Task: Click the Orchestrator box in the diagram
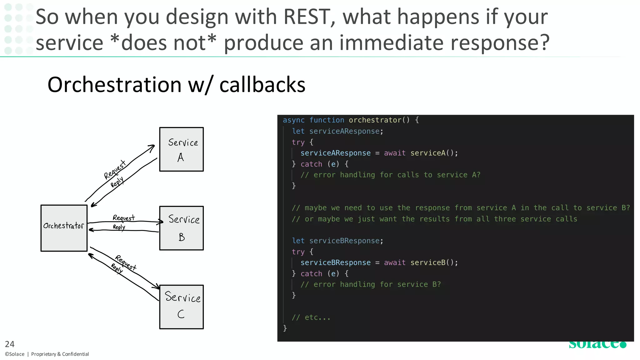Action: tap(64, 228)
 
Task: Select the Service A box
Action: tap(181, 149)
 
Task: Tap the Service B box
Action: tap(181, 228)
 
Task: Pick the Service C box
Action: tap(181, 307)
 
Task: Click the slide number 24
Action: tap(10, 344)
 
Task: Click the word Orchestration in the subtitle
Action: tap(114, 85)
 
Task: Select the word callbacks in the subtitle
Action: tap(262, 85)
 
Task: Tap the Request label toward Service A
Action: tap(115, 170)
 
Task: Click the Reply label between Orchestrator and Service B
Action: tap(119, 227)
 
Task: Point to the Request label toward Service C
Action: tap(126, 262)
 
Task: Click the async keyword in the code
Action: tap(293, 120)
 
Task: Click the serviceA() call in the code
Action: tap(434, 153)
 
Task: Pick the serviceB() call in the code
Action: tap(434, 262)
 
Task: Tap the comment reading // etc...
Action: tap(311, 317)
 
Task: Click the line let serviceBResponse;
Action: tap(337, 241)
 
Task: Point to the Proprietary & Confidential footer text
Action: tap(60, 354)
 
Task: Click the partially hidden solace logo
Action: tap(597, 344)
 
